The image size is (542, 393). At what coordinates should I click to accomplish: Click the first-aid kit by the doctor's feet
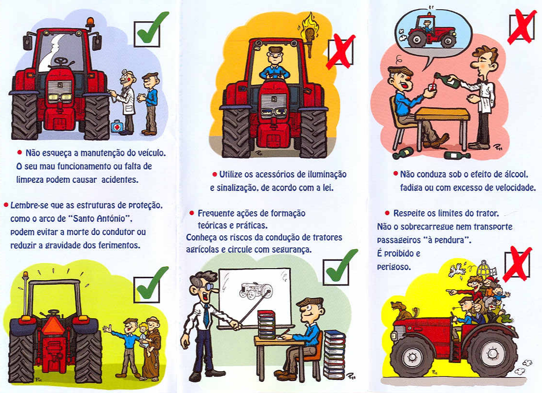click(117, 126)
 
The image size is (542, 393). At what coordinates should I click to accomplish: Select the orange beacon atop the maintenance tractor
click(90, 23)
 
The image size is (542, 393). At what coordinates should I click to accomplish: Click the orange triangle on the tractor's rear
click(52, 325)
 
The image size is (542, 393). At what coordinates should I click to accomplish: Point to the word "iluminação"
click(327, 175)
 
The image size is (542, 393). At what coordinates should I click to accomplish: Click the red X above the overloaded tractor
click(516, 264)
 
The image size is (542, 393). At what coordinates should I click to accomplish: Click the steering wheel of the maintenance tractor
click(61, 61)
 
